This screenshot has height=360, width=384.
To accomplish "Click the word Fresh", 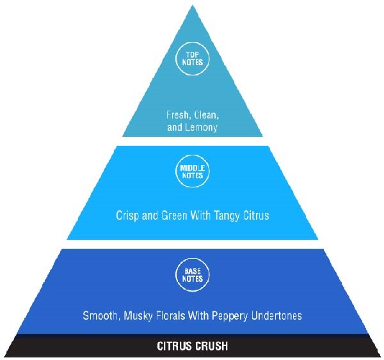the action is [177, 115].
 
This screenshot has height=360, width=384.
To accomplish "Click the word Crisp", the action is [127, 216].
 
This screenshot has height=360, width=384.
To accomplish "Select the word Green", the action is [174, 215].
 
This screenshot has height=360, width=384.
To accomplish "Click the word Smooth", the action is [101, 315].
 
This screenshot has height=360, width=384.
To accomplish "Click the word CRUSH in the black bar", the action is [210, 346].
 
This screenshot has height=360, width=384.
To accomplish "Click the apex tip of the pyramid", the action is [193, 5].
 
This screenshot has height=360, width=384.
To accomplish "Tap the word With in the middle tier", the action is [200, 215].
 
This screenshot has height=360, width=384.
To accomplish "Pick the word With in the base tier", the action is [198, 315].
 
